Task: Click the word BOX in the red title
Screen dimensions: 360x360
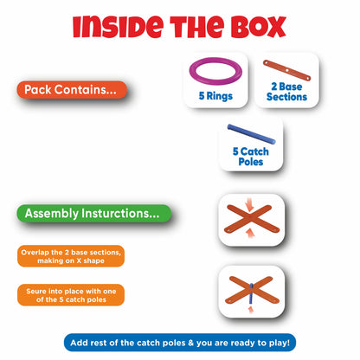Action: coord(259,27)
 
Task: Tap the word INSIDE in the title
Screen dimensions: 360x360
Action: coord(119,27)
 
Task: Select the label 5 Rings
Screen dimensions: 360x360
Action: coord(215,96)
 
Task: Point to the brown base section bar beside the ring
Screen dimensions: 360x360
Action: coord(286,70)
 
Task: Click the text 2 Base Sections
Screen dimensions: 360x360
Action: coord(286,92)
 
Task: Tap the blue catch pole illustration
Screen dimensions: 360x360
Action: coord(251,134)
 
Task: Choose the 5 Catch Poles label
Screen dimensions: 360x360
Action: coord(251,157)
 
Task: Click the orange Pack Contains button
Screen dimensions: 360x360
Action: coord(72,90)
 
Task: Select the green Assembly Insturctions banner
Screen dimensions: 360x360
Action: coord(93,214)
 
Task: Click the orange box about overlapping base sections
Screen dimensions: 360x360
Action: coord(71,256)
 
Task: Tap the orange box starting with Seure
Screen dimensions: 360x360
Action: coord(71,295)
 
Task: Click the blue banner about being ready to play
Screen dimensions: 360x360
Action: coord(180,343)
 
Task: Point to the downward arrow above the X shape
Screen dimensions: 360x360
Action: coord(249,206)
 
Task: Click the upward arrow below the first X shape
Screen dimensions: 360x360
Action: coord(251,232)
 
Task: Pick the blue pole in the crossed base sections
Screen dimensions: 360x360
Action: coord(251,293)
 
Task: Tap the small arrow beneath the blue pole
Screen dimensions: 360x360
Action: coord(251,310)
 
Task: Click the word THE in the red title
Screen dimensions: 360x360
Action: coord(197,27)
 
